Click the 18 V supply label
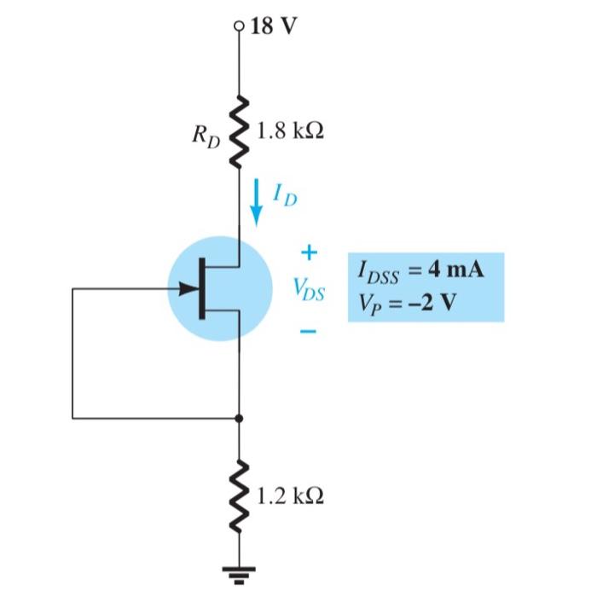[274, 26]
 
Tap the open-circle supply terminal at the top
[239, 26]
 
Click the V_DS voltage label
[308, 289]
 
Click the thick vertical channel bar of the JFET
[203, 289]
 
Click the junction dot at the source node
[239, 419]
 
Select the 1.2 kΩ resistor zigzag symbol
[239, 494]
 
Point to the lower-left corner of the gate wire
[72, 419]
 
